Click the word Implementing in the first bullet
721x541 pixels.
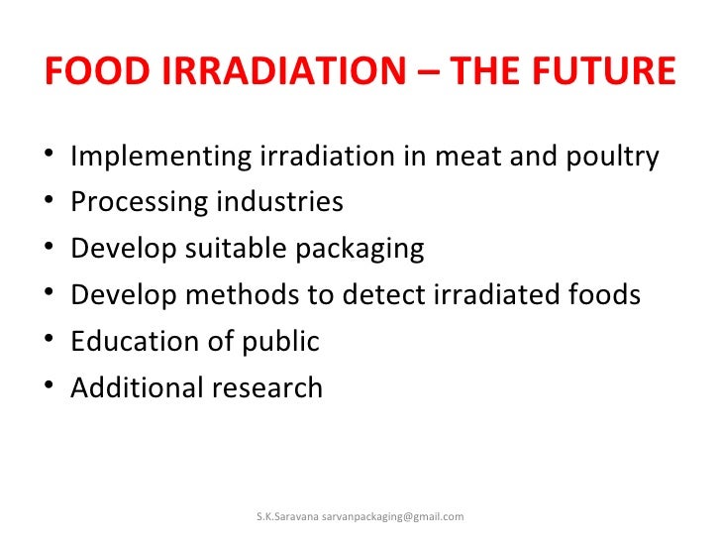(161, 157)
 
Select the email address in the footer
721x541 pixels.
(393, 517)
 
